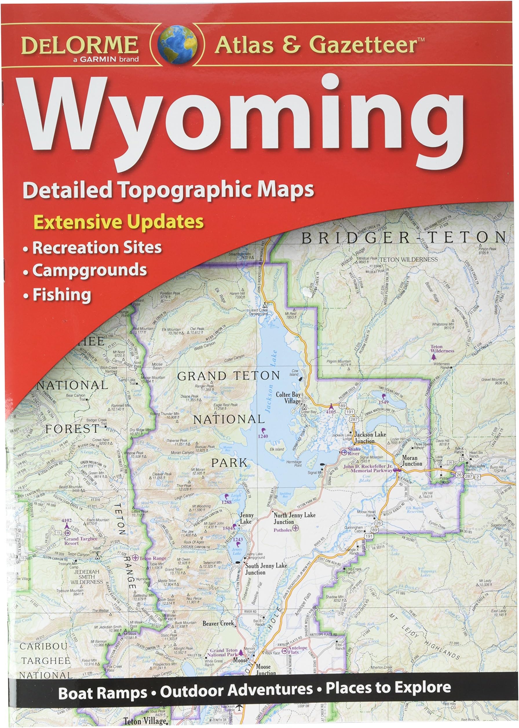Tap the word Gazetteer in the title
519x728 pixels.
[363, 45]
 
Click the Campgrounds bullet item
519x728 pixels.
[89, 270]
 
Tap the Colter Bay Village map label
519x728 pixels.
[288, 397]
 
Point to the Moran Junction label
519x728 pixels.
[412, 461]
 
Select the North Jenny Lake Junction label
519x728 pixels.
[294, 518]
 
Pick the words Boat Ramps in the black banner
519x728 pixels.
[103, 693]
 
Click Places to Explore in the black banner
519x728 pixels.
[388, 687]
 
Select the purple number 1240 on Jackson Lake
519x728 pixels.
[263, 436]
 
